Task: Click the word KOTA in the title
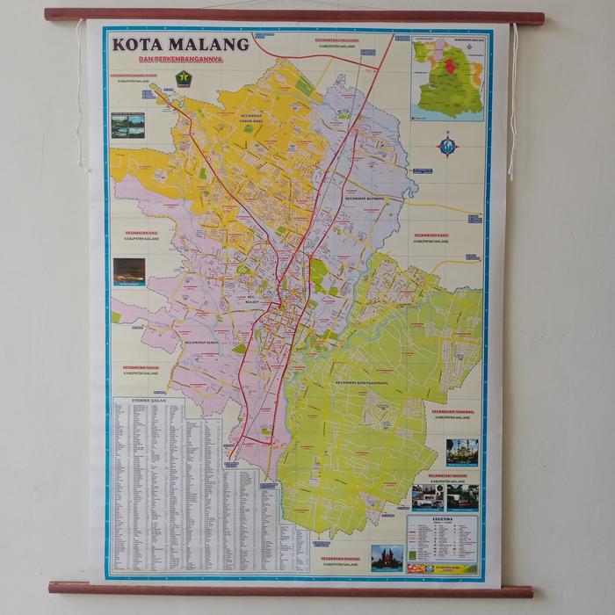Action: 140,44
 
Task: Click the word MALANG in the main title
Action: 210,44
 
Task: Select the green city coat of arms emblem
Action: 184,78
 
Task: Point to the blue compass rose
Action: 448,146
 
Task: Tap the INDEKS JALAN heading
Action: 148,400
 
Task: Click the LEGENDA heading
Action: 442,519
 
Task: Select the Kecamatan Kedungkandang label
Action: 362,383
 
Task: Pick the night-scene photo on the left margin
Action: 129,271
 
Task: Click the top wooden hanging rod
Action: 293,16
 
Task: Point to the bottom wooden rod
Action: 290,589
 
